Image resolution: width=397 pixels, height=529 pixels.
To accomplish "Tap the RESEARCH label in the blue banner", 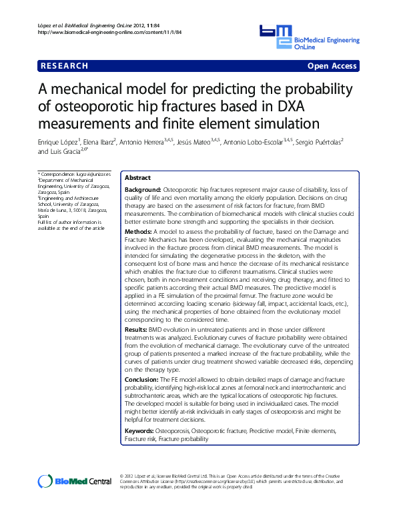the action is coord(64,66).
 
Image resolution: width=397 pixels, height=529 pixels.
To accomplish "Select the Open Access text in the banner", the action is coord(332,66).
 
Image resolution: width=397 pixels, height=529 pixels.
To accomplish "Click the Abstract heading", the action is coord(137,179).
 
